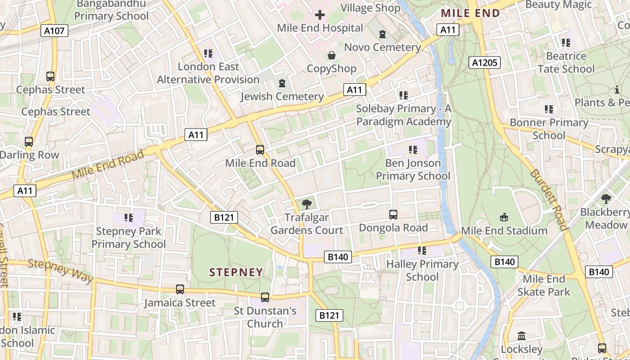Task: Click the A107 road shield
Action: (x=55, y=31)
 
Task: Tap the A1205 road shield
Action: (x=484, y=63)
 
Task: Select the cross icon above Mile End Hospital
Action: (x=320, y=15)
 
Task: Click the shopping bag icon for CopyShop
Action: (x=332, y=55)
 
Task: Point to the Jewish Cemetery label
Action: (x=282, y=96)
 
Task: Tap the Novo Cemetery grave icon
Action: (x=382, y=34)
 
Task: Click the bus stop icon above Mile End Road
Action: (x=260, y=149)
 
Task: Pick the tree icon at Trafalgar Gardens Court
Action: (x=307, y=204)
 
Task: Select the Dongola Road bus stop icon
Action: (x=393, y=215)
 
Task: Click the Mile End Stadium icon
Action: (x=504, y=217)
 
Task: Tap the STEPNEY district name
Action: (x=236, y=272)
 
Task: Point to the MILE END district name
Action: (x=470, y=13)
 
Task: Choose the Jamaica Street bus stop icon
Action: (x=180, y=289)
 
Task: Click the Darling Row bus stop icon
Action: (x=29, y=142)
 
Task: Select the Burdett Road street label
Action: (x=548, y=199)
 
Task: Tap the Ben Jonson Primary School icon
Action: (x=413, y=150)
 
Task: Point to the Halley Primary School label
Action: (x=422, y=270)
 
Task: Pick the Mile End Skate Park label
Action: (x=544, y=285)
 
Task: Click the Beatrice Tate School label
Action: (x=566, y=63)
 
